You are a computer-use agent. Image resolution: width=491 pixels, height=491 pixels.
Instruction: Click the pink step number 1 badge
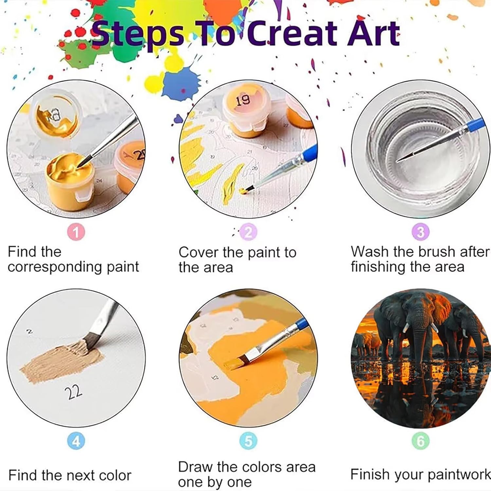pyautogui.click(x=76, y=232)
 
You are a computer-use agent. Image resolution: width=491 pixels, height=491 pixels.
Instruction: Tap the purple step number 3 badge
pyautogui.click(x=421, y=232)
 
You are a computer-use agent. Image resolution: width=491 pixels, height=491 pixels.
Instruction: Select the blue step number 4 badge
pyautogui.click(x=76, y=441)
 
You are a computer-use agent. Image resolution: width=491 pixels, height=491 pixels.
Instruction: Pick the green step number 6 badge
pyautogui.click(x=421, y=441)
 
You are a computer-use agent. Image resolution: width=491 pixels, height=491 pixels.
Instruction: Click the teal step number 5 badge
pyautogui.click(x=248, y=441)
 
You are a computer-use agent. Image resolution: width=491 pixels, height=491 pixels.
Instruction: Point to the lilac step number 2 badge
pyautogui.click(x=248, y=232)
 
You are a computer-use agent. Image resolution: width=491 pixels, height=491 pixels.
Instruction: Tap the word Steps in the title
pyautogui.click(x=137, y=34)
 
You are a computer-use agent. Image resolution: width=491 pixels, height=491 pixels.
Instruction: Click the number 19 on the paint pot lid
pyautogui.click(x=243, y=100)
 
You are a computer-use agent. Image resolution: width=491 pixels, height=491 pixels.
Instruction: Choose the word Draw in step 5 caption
pyautogui.click(x=195, y=467)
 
